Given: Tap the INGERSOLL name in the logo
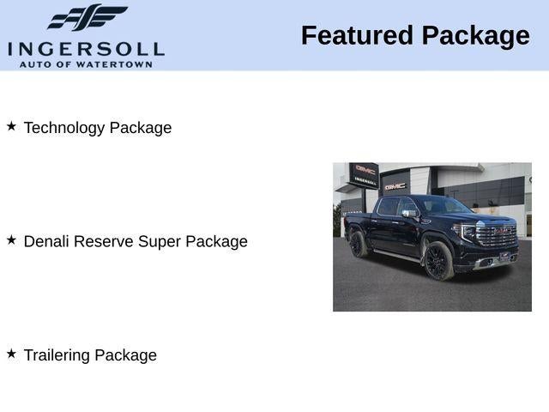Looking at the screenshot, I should (x=86, y=48).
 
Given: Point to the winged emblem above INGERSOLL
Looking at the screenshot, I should (x=87, y=18).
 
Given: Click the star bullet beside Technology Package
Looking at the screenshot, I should (x=11, y=126).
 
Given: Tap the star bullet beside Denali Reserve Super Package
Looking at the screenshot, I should (x=11, y=240).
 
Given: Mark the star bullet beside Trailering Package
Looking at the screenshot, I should (x=11, y=354).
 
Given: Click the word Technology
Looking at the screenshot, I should (x=63, y=128).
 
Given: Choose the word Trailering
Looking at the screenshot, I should (x=57, y=355).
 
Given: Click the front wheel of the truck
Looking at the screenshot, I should (x=437, y=261).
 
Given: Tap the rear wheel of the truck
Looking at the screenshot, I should (x=359, y=244).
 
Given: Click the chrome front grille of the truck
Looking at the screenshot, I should (x=497, y=236).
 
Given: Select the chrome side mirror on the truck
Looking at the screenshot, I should (x=409, y=213).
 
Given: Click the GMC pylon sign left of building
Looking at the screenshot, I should (x=365, y=174).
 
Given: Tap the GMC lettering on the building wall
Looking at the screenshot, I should (x=395, y=185).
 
